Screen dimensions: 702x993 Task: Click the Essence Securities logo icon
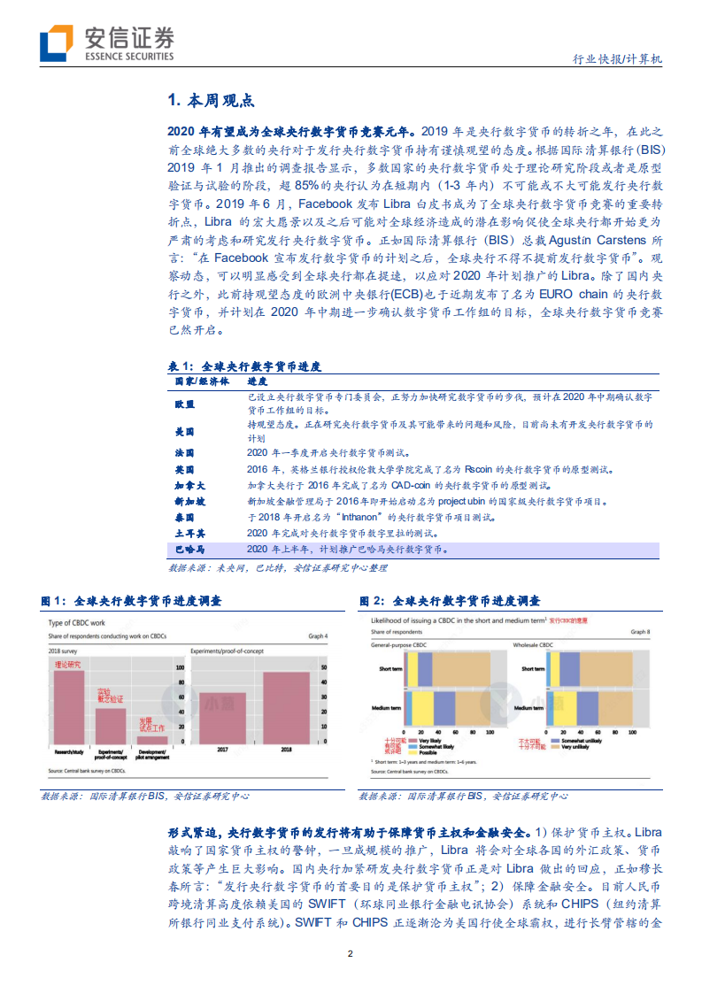click(x=56, y=42)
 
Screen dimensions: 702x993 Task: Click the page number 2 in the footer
click(x=351, y=953)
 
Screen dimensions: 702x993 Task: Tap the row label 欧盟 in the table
click(x=184, y=404)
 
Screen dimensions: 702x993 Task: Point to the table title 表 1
click(x=244, y=365)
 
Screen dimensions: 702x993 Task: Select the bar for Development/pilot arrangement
click(x=151, y=739)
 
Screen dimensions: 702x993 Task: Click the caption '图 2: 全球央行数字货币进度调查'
click(x=449, y=601)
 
